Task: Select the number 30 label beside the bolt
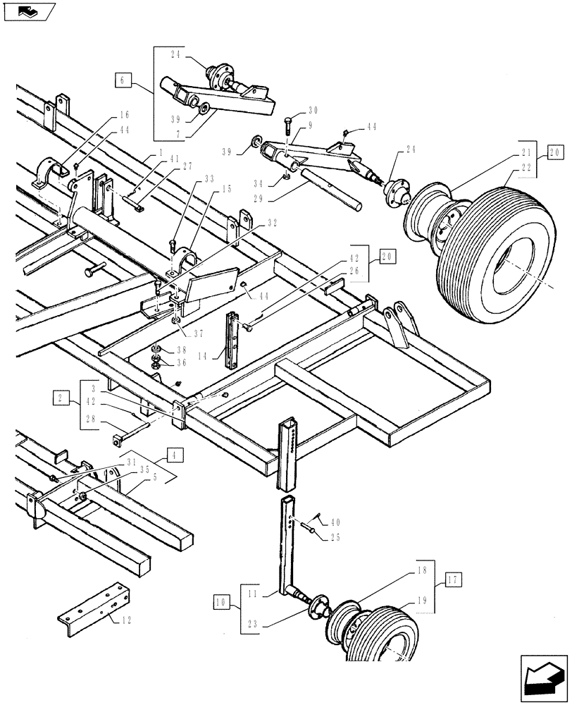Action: (313, 112)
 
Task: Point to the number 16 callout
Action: (124, 114)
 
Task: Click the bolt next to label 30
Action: (290, 128)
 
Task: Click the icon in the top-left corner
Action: (27, 11)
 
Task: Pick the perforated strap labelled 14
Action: (231, 339)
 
